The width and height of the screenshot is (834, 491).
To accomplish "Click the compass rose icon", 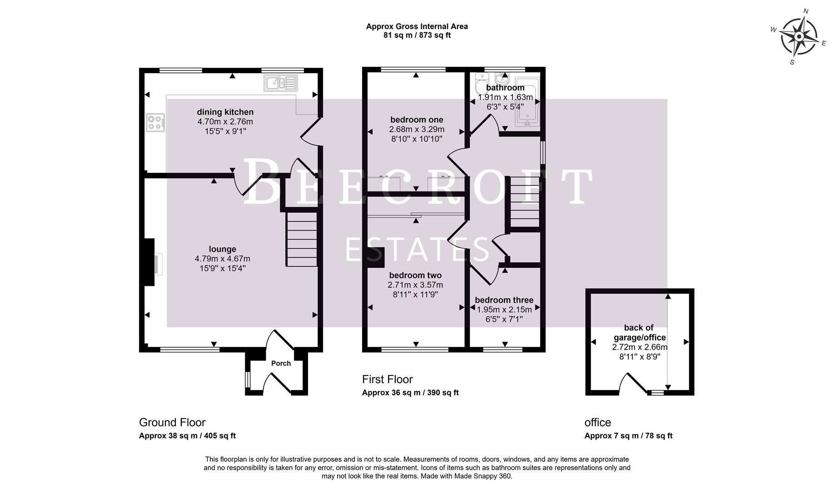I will (x=799, y=36).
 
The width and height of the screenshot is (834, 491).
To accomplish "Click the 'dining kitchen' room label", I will (x=225, y=112).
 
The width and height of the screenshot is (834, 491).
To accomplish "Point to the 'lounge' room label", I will (x=222, y=249).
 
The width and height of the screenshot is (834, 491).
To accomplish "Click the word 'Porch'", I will (x=281, y=363).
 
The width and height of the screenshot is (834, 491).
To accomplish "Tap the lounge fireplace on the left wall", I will (x=150, y=263).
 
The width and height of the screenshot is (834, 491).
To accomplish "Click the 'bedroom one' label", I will (x=417, y=120).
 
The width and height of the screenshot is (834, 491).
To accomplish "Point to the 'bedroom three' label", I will (x=504, y=300).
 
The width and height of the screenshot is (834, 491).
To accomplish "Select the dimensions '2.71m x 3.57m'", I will (x=415, y=285).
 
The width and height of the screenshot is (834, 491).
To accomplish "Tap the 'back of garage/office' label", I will (x=639, y=332).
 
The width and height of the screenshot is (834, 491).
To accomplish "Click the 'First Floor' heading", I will (x=387, y=379).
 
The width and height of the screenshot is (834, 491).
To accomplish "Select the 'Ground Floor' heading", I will (x=172, y=422).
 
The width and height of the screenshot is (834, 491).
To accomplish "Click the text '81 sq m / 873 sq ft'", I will (x=417, y=35).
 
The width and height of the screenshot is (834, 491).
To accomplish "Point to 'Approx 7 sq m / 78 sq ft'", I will (x=628, y=436).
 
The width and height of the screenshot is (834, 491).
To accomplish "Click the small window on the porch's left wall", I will (x=248, y=380).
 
